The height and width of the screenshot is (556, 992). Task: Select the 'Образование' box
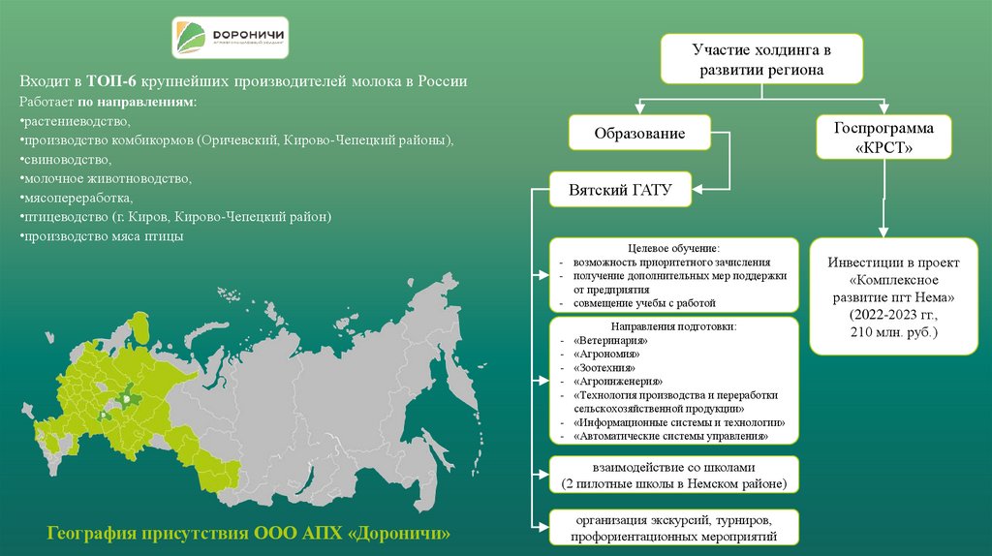pyautogui.click(x=639, y=135)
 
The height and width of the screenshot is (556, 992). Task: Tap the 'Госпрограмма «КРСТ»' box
pyautogui.click(x=883, y=139)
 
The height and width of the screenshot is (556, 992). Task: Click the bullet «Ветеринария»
pyautogui.click(x=610, y=342)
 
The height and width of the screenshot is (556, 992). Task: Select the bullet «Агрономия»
pyautogui.click(x=608, y=355)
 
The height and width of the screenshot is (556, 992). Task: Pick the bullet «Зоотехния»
pyautogui.click(x=605, y=369)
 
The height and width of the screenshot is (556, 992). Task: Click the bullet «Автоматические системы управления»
pyautogui.click(x=670, y=437)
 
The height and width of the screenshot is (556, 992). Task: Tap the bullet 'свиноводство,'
pyautogui.click(x=68, y=160)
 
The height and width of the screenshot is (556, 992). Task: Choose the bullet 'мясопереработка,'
pyautogui.click(x=77, y=198)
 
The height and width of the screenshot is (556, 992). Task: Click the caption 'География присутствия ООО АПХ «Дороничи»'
pyautogui.click(x=249, y=534)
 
